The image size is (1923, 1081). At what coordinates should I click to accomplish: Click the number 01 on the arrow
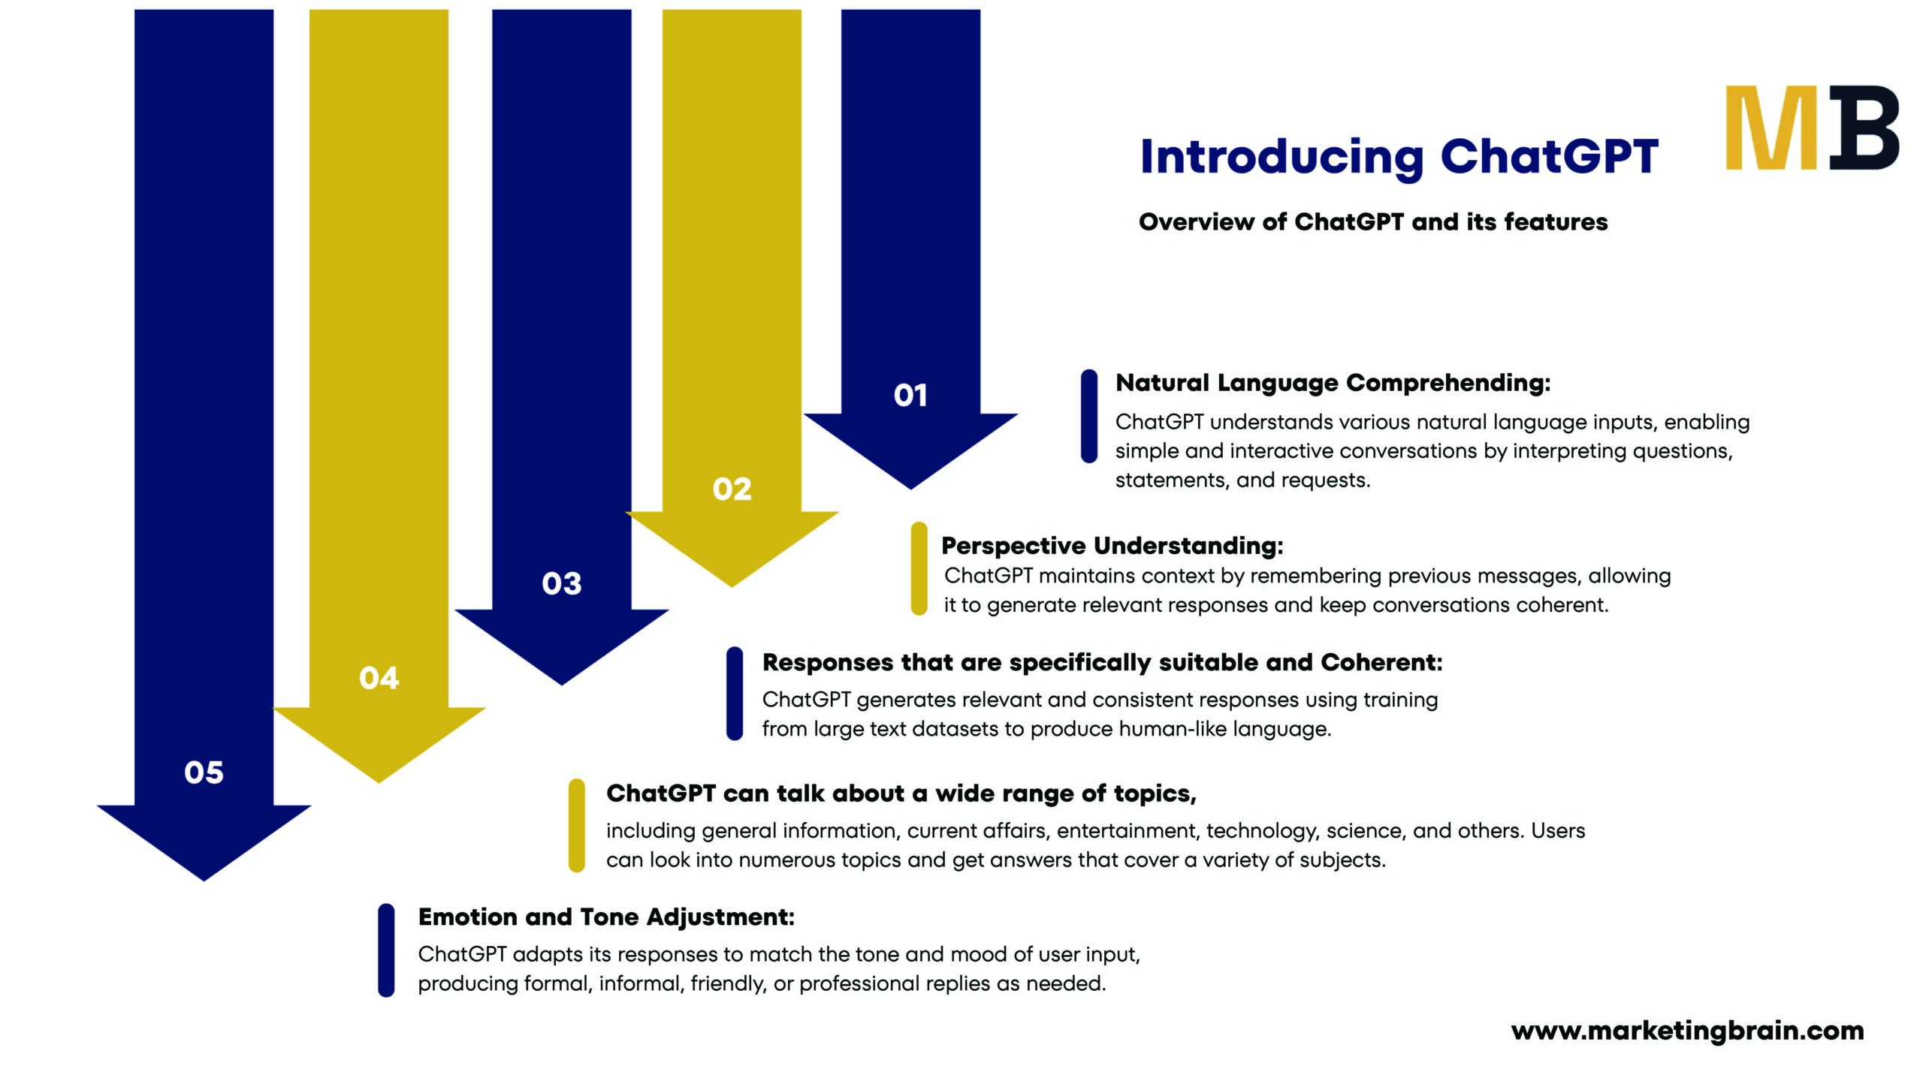910,396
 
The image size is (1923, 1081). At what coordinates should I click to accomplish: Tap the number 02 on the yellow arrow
732,489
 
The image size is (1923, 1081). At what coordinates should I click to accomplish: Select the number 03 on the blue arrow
561,584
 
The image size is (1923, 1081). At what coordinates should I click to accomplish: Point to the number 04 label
379,679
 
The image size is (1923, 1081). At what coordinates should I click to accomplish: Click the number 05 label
204,772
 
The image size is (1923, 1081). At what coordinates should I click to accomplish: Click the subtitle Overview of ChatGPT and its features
1372,222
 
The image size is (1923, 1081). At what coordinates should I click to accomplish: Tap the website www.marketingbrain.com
1687,1031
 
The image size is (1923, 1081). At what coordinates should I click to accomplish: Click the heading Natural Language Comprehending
1333,383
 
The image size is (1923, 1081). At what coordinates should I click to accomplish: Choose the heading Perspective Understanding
1112,546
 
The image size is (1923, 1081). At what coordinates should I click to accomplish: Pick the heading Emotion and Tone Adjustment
605,917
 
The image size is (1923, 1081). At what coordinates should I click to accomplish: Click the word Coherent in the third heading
1381,662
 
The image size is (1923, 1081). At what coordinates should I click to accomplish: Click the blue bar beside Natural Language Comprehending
1088,416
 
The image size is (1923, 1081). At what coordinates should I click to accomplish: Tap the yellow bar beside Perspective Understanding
919,569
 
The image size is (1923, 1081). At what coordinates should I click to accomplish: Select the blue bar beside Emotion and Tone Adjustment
386,950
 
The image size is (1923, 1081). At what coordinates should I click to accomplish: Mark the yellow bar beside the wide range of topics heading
576,826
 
